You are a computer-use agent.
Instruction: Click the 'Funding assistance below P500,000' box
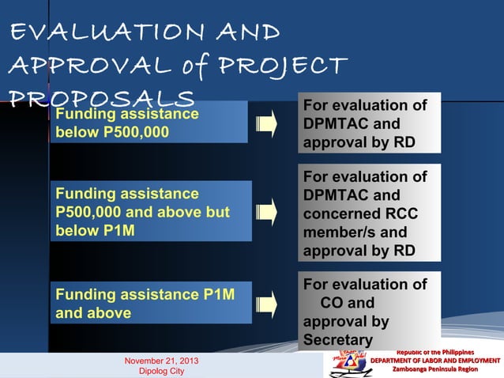[x=149, y=123]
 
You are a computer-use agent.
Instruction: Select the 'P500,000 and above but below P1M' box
[x=150, y=211]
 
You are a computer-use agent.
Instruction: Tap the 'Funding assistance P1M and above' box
[x=150, y=304]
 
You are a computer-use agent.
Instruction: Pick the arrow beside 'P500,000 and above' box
[x=266, y=212]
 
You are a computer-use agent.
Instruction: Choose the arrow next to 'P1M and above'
[x=266, y=304]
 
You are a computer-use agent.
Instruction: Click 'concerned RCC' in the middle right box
[x=360, y=214]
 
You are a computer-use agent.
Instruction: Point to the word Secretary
[x=337, y=341]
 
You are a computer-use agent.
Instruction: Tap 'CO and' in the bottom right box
[x=347, y=303]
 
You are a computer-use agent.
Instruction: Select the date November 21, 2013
[x=161, y=361]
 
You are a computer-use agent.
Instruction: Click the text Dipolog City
[x=161, y=371]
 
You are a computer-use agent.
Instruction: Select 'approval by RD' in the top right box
[x=359, y=143]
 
